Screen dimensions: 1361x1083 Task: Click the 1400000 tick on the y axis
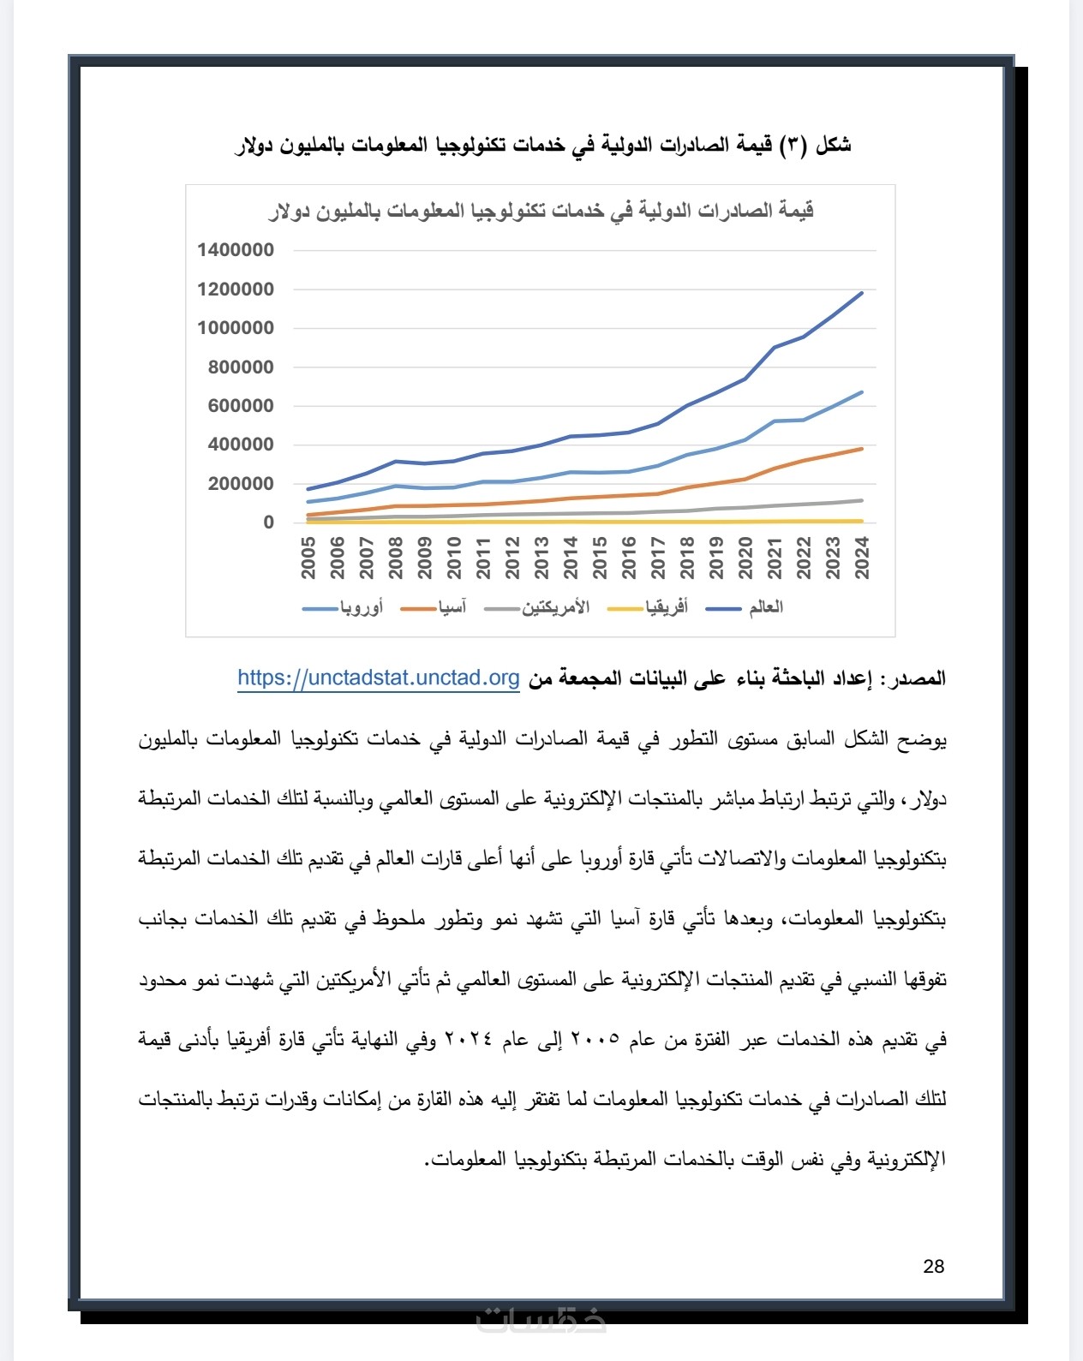tap(236, 250)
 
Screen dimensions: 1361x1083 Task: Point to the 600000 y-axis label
tap(241, 406)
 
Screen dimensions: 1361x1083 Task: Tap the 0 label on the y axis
tap(269, 522)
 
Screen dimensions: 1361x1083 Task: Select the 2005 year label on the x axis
tap(309, 558)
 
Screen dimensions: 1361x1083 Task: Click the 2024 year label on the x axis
tap(862, 558)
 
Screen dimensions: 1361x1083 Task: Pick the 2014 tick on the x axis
tap(571, 558)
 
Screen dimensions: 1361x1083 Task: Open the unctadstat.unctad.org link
tap(379, 678)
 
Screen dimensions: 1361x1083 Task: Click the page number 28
tap(934, 1266)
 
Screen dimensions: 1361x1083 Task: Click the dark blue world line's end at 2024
tap(861, 293)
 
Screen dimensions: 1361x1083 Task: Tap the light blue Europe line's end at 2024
tap(861, 392)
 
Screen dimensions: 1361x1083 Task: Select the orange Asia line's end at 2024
tap(861, 449)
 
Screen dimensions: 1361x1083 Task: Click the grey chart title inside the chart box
tap(541, 211)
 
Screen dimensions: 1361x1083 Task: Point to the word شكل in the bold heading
tap(833, 145)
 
